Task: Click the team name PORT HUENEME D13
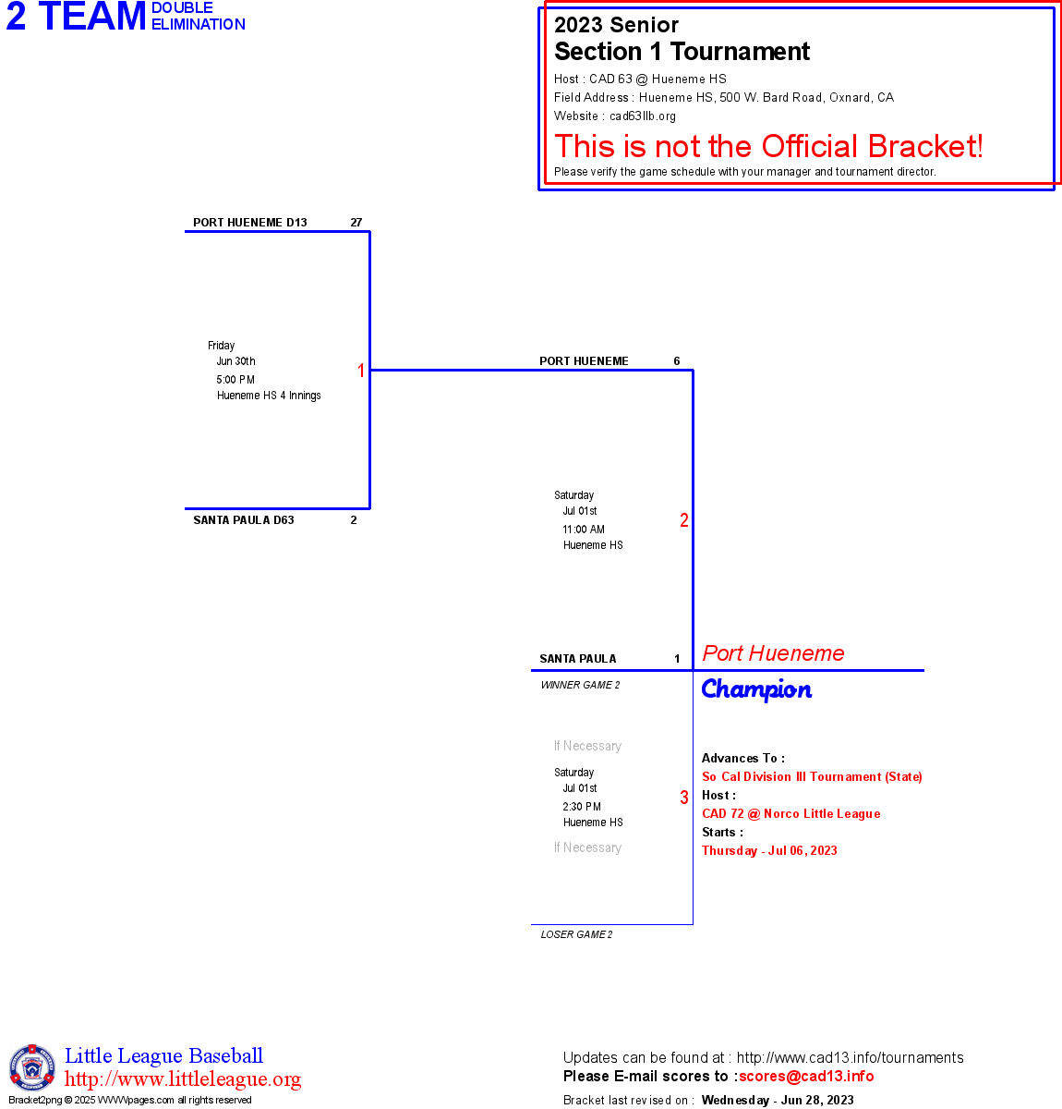coord(249,223)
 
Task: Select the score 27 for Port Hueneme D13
coord(356,223)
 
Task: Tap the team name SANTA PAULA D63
coord(243,520)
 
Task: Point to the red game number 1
coord(361,371)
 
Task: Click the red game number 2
coord(684,520)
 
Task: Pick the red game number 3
coord(684,798)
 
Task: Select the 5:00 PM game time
coord(235,380)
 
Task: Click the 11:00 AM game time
coord(584,530)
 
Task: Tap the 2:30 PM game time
coord(582,807)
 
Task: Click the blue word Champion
coord(756,689)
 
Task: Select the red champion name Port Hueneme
coord(773,653)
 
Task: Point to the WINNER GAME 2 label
coord(580,685)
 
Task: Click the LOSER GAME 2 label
coord(576,934)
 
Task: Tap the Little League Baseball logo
coord(32,1067)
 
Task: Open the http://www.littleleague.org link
coord(183,1079)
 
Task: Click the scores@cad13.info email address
coord(806,1076)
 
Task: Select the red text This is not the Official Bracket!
coord(768,146)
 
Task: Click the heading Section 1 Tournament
coord(682,52)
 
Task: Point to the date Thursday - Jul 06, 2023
coord(769,851)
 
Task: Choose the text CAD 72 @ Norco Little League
coord(790,814)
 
